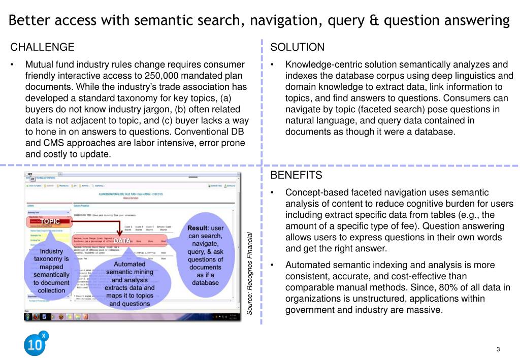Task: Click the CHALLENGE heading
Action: coord(43,47)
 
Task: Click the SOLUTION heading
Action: coord(297,47)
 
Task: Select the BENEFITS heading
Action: coord(296,175)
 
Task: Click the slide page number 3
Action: coord(498,349)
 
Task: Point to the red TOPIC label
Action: coord(50,221)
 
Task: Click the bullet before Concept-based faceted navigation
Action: coord(273,192)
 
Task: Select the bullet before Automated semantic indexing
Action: coord(273,265)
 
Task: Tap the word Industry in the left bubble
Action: coord(52,251)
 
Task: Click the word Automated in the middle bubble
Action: coord(129,264)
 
